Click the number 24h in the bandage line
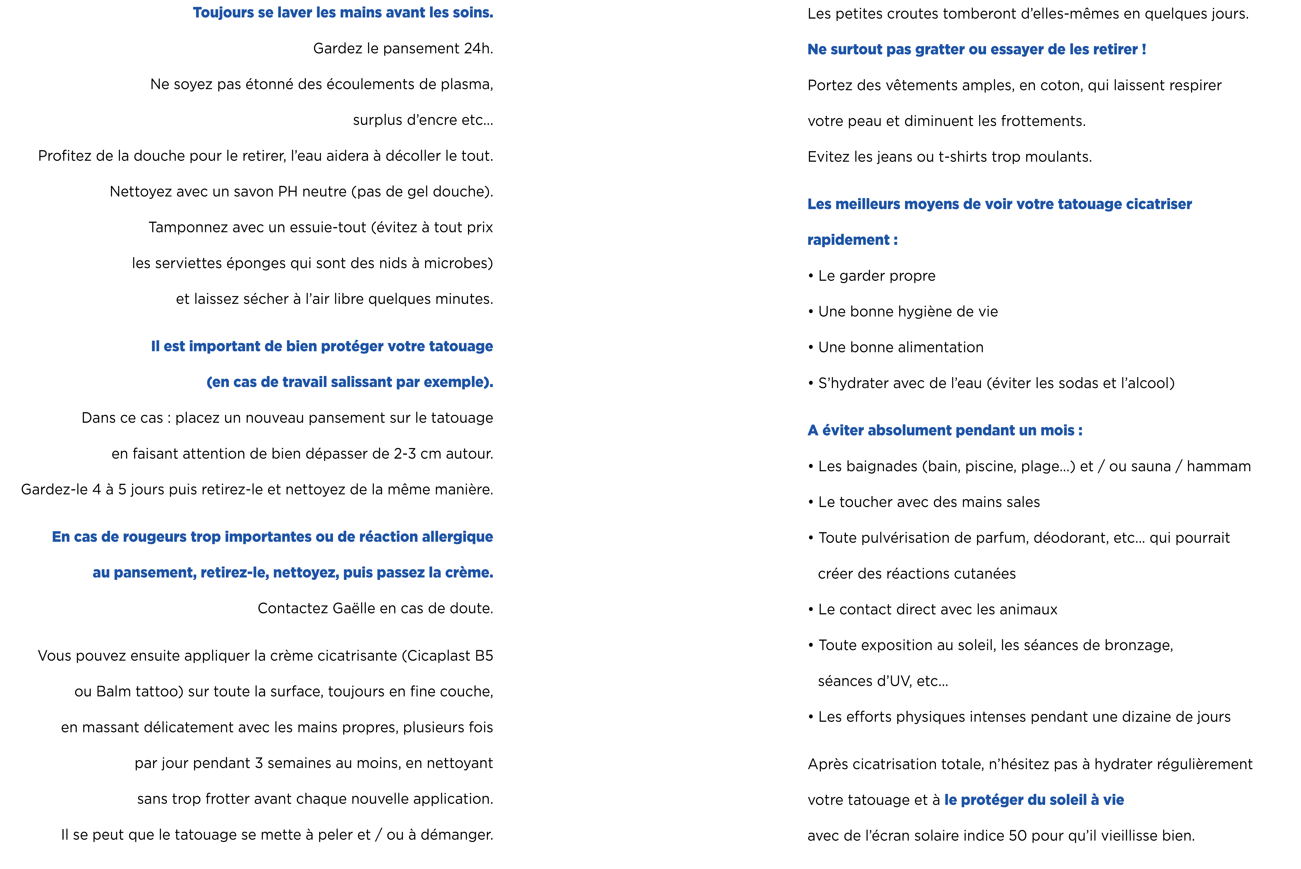[x=478, y=49]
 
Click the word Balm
[x=114, y=692]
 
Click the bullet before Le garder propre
[x=811, y=276]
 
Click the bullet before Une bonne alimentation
[x=811, y=347]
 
